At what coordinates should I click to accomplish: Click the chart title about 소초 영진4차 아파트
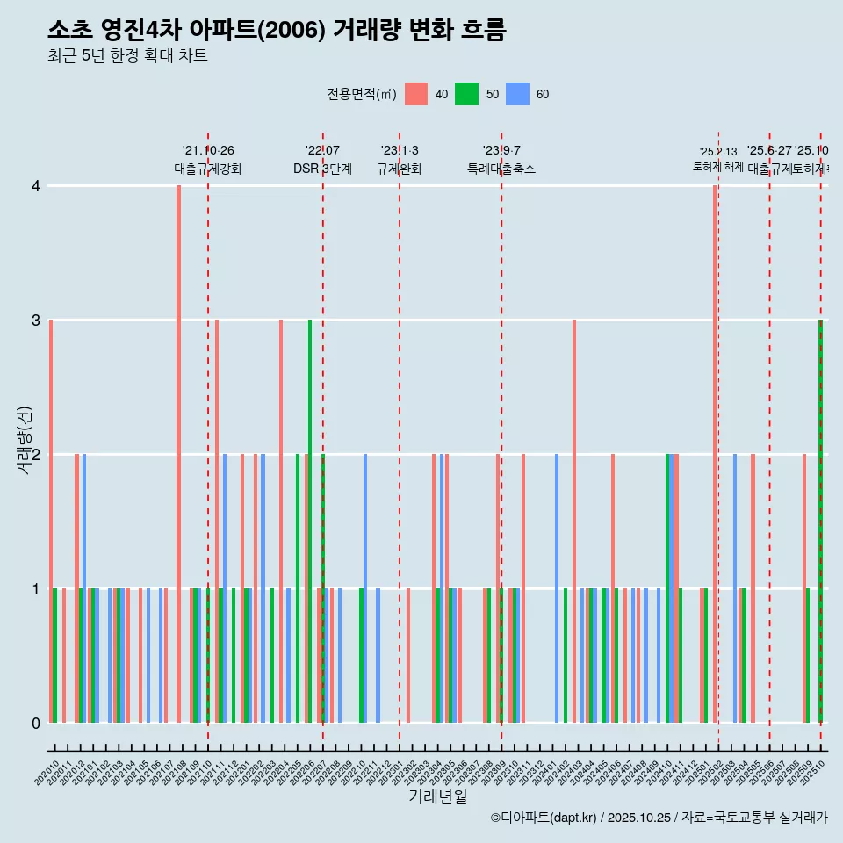(277, 30)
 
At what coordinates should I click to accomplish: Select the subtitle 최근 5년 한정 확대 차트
(127, 56)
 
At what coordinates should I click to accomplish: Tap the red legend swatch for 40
(416, 94)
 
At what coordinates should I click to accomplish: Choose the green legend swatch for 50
(466, 94)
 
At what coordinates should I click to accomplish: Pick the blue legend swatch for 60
(517, 94)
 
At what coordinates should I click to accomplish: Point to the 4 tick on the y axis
(35, 186)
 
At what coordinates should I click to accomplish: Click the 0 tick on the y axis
(35, 724)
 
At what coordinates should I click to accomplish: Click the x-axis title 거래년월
(437, 796)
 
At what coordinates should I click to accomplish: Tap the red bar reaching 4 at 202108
(178, 454)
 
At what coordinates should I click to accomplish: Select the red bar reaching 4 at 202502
(715, 454)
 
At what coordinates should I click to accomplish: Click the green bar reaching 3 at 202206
(310, 521)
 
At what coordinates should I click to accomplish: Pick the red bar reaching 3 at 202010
(51, 521)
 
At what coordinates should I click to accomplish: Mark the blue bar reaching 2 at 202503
(735, 588)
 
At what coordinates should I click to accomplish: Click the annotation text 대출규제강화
(208, 169)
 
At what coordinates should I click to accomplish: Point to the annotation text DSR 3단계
(322, 169)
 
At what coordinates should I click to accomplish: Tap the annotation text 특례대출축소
(501, 169)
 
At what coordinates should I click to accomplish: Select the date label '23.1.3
(400, 150)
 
